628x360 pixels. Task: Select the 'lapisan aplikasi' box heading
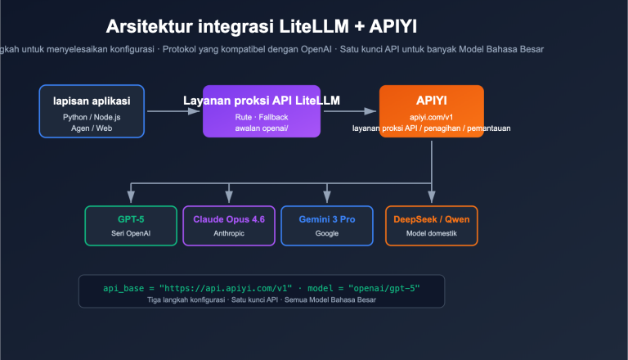click(92, 101)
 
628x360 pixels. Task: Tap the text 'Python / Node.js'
click(92, 117)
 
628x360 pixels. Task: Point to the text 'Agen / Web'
click(92, 128)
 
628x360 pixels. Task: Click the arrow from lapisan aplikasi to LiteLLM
click(173, 110)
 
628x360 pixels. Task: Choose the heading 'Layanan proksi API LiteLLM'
click(262, 101)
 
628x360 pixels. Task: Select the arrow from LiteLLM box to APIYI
click(349, 110)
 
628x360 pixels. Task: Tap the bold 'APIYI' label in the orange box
click(431, 101)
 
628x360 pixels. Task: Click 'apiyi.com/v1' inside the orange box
click(431, 117)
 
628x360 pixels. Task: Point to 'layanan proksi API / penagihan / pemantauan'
click(431, 128)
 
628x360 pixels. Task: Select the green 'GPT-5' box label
click(131, 219)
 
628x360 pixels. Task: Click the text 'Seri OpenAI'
click(131, 233)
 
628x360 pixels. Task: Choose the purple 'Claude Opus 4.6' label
click(229, 219)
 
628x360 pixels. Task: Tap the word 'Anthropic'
click(229, 233)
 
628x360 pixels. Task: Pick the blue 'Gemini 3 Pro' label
click(327, 219)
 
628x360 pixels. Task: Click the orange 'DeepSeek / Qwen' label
click(432, 219)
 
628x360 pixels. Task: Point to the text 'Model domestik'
click(432, 233)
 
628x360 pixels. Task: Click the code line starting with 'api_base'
click(261, 288)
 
